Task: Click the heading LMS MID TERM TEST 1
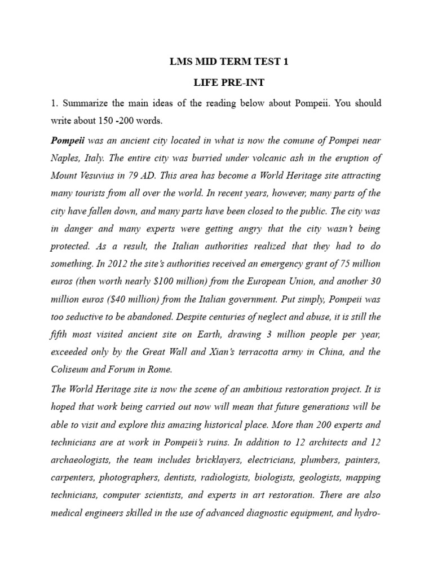click(228, 63)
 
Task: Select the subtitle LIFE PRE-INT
click(228, 83)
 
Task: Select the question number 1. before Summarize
click(55, 103)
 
